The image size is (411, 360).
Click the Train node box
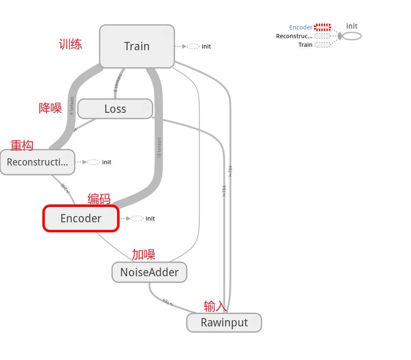click(x=137, y=46)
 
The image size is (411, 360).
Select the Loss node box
click(x=115, y=109)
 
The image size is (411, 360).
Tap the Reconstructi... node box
click(x=37, y=162)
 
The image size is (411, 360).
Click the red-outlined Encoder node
click(x=81, y=218)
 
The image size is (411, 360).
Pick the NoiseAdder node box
click(x=149, y=272)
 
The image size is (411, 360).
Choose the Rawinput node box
click(x=224, y=322)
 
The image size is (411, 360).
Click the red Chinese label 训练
click(x=70, y=44)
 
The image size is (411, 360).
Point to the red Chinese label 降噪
click(x=50, y=109)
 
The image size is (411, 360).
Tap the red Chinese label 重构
click(x=22, y=145)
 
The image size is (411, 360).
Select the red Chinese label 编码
click(x=99, y=199)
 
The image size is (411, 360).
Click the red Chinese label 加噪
click(x=143, y=254)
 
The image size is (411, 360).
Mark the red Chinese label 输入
click(x=215, y=306)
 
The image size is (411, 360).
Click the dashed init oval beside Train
click(x=193, y=46)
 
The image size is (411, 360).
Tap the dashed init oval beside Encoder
click(x=137, y=219)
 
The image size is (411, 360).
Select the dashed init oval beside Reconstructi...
click(x=93, y=162)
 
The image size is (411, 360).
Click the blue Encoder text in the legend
click(x=301, y=27)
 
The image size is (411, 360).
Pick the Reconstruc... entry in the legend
click(x=294, y=36)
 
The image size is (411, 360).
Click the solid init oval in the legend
click(x=352, y=36)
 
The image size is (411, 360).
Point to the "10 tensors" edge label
click(x=159, y=148)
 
